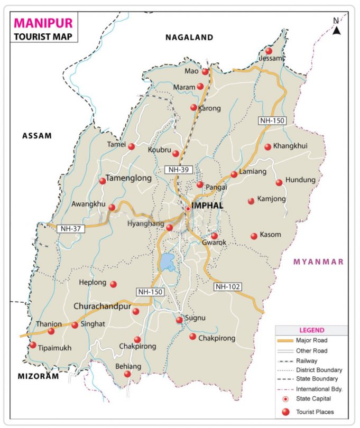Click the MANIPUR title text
(x=42, y=23)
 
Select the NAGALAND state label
(x=189, y=38)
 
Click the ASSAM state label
(x=37, y=136)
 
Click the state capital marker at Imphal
(x=188, y=209)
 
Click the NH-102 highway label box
(x=228, y=286)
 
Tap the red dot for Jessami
(x=269, y=51)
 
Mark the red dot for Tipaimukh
(x=33, y=345)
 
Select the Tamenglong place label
(x=129, y=179)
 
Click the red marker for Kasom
(x=254, y=236)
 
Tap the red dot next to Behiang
(x=127, y=374)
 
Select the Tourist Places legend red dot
(x=286, y=412)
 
